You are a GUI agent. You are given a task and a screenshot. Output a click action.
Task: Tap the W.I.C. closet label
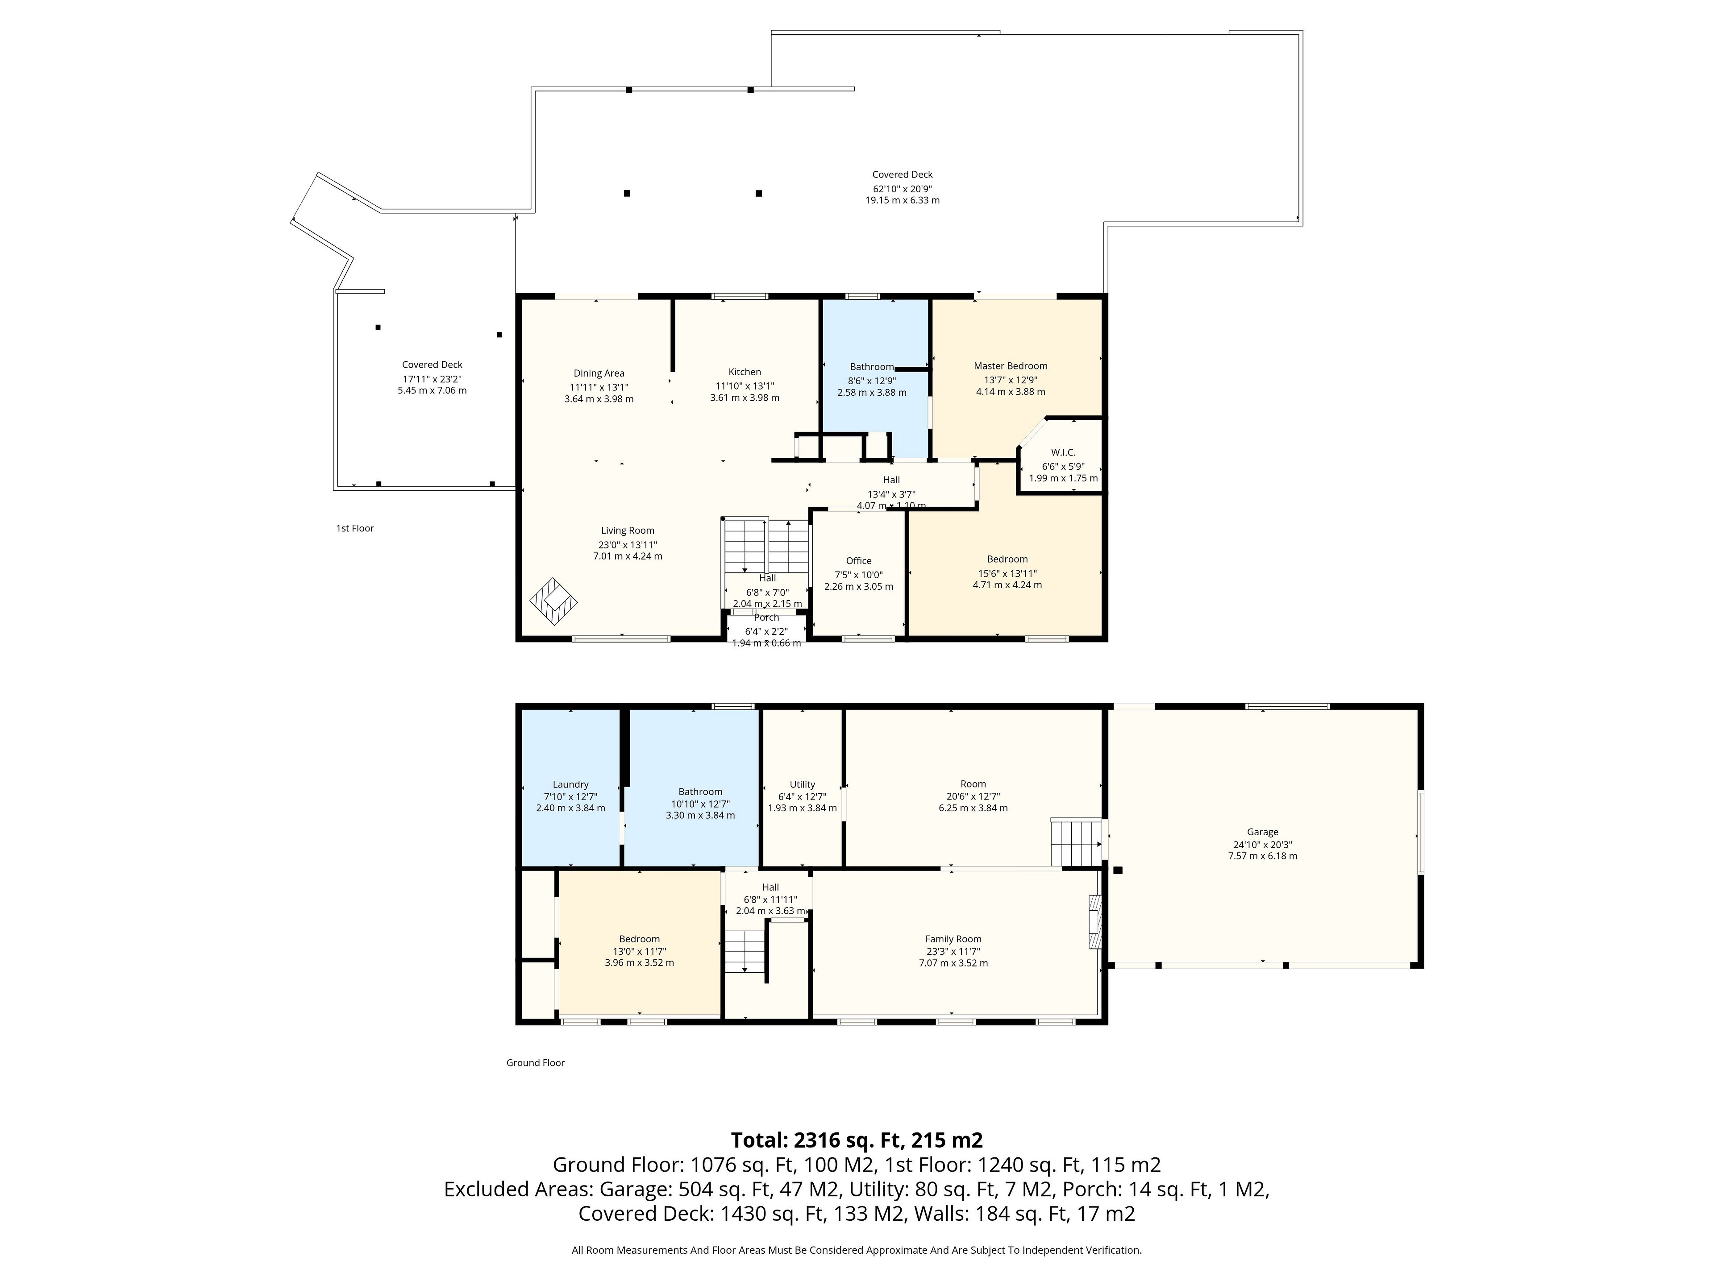(x=1063, y=452)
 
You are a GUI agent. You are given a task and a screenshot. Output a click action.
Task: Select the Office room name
(x=858, y=561)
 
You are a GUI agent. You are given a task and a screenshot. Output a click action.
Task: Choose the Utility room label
(x=802, y=785)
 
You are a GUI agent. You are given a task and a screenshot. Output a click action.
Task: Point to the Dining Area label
(x=599, y=373)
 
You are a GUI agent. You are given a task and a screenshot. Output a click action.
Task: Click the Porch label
(x=766, y=618)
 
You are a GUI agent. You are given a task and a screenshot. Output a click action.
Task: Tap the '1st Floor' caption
(x=355, y=528)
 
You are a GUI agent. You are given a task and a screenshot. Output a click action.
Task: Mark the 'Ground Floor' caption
(x=536, y=1063)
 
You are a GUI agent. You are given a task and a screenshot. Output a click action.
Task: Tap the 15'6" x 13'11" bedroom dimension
(x=1007, y=573)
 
